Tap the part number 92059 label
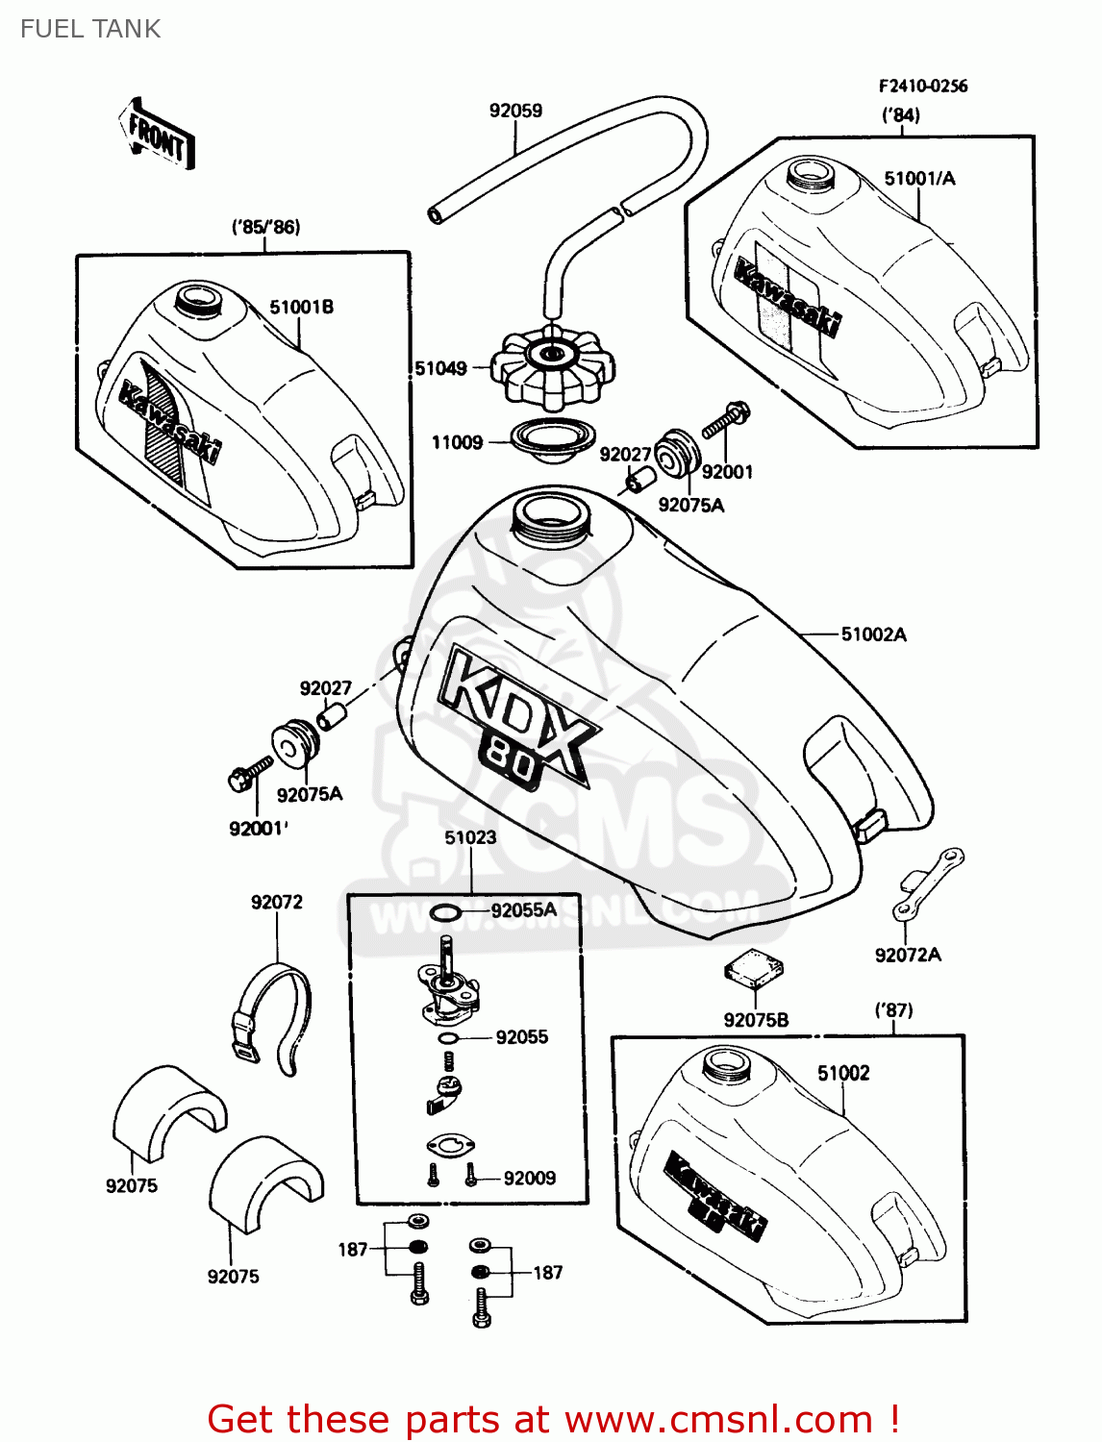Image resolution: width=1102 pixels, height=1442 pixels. click(515, 111)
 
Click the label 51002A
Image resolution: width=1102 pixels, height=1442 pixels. click(873, 634)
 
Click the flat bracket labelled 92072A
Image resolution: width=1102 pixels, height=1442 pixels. click(928, 883)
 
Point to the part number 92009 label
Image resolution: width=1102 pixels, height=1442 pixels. click(530, 1178)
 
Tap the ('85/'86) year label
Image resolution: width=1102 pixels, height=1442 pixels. click(265, 228)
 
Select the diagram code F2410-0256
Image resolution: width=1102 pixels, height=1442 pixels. click(922, 87)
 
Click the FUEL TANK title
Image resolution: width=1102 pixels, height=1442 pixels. click(90, 29)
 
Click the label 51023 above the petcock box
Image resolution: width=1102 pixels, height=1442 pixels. click(470, 837)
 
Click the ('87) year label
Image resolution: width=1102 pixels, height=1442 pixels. click(893, 1010)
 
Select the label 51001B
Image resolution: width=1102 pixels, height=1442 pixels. click(301, 308)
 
